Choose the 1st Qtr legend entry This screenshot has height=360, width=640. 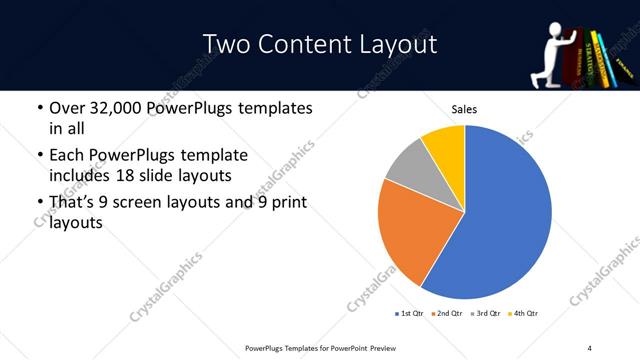coord(409,313)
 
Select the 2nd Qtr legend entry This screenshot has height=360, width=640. coord(445,313)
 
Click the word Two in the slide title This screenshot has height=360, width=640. coord(225,45)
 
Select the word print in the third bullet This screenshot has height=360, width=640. coord(286,203)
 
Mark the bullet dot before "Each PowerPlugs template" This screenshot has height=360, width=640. coord(39,156)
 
